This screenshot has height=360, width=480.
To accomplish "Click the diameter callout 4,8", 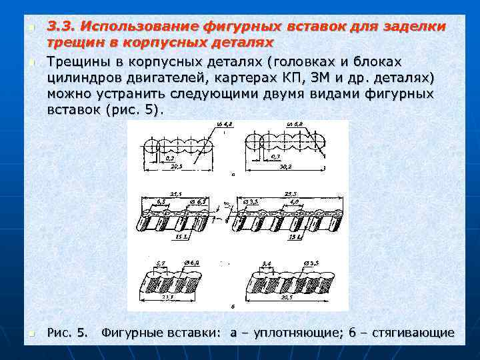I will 225,125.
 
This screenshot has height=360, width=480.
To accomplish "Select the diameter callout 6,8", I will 293,125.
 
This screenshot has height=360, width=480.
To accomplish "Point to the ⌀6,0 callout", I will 191,263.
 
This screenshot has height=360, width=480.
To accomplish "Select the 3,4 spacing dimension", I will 267,263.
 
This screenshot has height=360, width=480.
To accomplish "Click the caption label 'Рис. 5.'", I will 67,333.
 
